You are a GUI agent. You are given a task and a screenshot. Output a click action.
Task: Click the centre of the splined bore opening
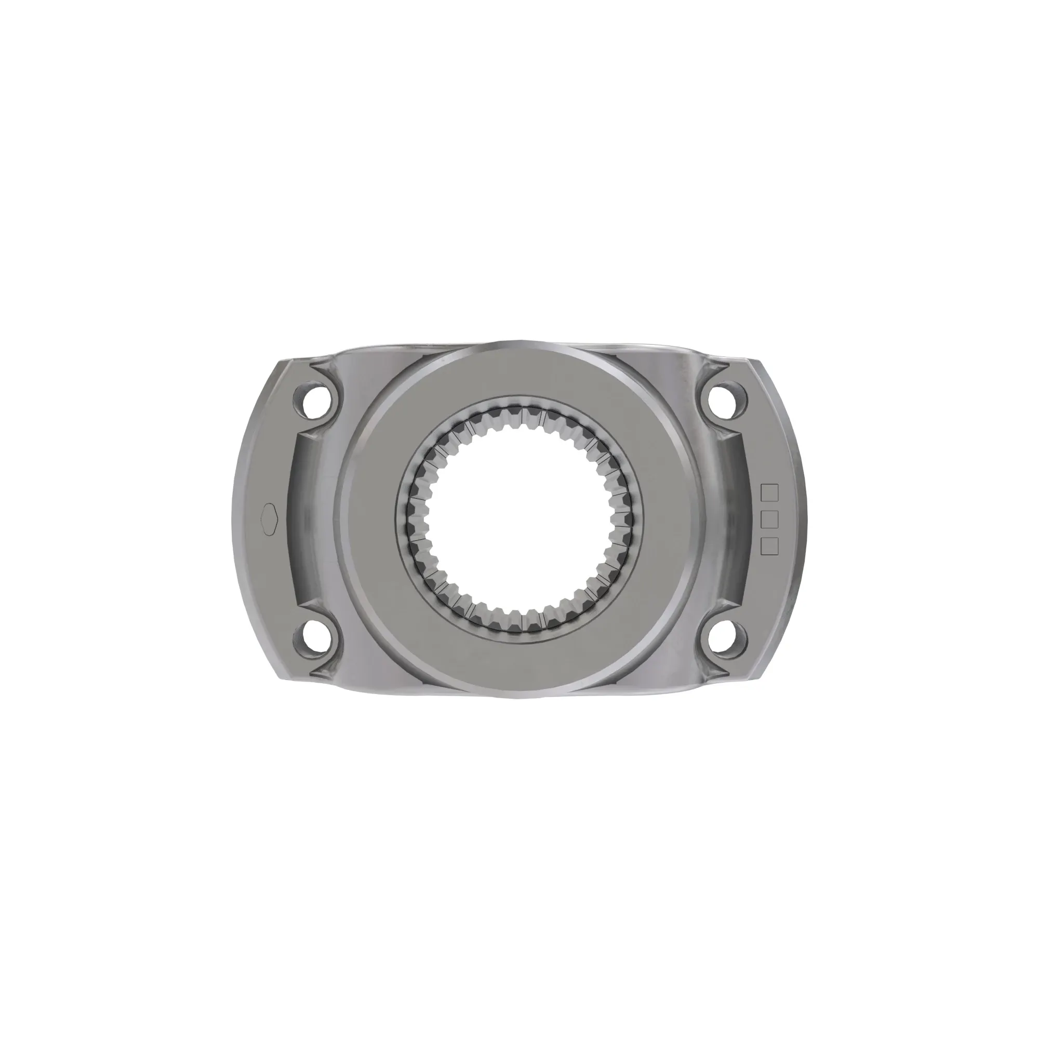point(519,519)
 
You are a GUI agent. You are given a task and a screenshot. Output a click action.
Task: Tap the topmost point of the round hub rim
point(519,340)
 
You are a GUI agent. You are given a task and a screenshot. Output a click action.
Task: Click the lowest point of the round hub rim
point(519,698)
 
